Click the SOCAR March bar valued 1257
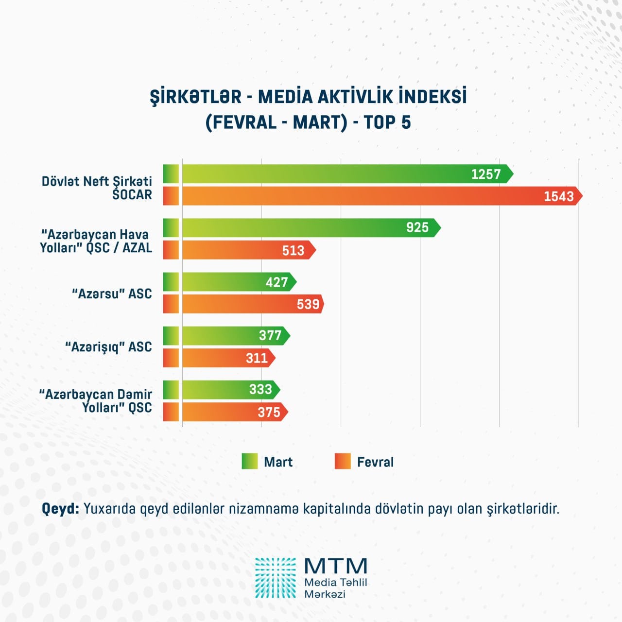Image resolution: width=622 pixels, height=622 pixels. [x=340, y=174]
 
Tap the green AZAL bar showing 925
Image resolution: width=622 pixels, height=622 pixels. [x=306, y=227]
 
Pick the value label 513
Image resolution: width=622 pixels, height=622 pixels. [x=293, y=250]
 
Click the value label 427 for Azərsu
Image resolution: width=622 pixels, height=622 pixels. [x=277, y=282]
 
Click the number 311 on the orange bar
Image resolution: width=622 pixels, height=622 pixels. [x=257, y=358]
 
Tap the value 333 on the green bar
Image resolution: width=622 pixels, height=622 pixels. [x=260, y=389]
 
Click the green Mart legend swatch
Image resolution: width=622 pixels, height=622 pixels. [x=250, y=461]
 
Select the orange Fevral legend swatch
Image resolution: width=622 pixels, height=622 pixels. [x=343, y=461]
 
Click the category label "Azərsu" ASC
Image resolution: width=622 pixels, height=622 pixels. [x=112, y=294]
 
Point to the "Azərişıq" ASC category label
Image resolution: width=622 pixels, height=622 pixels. [x=108, y=347]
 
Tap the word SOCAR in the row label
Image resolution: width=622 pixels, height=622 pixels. [x=132, y=194]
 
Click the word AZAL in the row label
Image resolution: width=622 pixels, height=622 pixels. [x=137, y=247]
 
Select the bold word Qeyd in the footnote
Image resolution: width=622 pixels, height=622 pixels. [x=60, y=509]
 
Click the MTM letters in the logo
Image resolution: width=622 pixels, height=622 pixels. [x=336, y=566]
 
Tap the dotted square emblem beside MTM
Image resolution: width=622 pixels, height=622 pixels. [x=276, y=578]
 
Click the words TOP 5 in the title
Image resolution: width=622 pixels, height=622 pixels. [x=387, y=122]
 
